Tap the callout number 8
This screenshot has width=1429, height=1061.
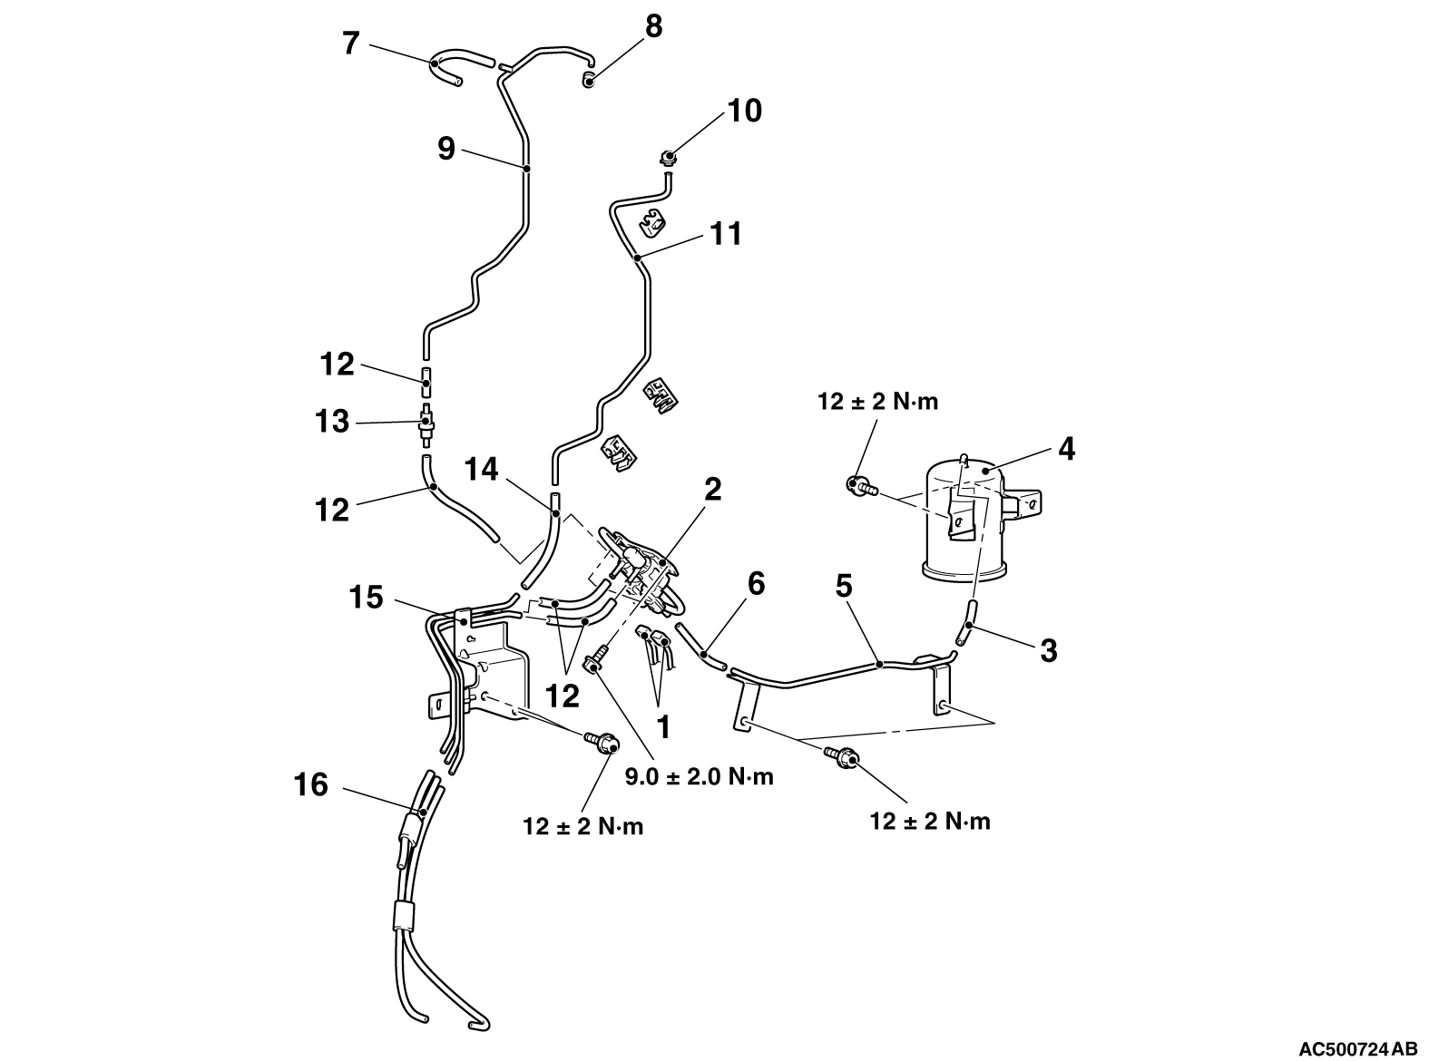click(x=653, y=26)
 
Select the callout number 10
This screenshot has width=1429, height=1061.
click(x=744, y=111)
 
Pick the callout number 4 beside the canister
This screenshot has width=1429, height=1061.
click(x=1066, y=448)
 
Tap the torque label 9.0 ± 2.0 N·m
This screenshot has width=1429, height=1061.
click(x=700, y=776)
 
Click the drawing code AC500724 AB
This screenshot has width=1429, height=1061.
click(x=1362, y=1048)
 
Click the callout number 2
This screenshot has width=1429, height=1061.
click(x=712, y=490)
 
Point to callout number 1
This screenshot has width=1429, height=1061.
click(x=663, y=726)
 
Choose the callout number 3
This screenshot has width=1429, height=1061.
click(x=1048, y=650)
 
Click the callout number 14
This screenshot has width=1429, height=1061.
click(x=482, y=469)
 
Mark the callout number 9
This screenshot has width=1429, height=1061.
click(x=445, y=147)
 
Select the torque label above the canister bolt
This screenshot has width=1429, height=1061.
click(x=877, y=401)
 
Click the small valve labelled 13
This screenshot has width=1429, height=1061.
click(x=425, y=423)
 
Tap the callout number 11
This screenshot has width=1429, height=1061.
click(x=727, y=233)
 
